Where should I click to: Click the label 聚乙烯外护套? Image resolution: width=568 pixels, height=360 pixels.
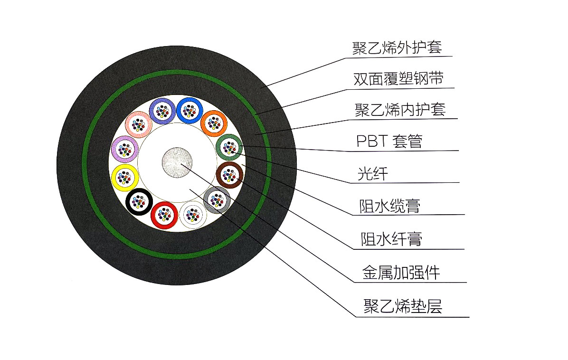coord(397,48)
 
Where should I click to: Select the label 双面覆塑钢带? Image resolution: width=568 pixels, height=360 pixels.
coord(398,79)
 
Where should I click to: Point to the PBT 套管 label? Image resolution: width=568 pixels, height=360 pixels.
coord(389,141)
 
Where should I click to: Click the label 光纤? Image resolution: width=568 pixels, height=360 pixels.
coord(373,174)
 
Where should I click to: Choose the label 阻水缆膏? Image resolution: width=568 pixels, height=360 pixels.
coord(390,206)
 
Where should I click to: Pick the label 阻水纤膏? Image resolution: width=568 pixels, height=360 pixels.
coord(391,239)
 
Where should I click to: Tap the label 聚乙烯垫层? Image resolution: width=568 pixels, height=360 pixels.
coord(403,306)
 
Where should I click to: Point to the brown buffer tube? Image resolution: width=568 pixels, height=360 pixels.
coord(229,174)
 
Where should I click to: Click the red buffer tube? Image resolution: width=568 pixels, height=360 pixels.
coord(164,215)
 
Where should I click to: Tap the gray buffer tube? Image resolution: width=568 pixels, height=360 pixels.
coord(217,199)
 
